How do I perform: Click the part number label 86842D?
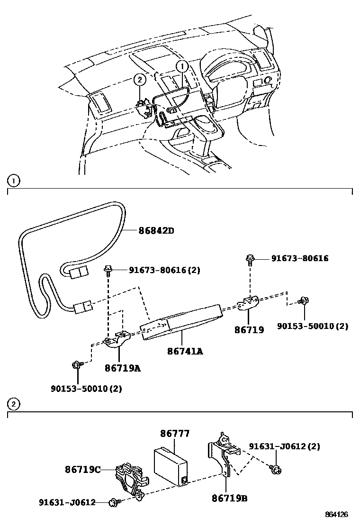[156, 231]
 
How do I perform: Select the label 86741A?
[184, 351]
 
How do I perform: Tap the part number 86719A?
[123, 368]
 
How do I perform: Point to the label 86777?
[174, 433]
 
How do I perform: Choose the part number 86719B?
[230, 498]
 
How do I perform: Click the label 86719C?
[83, 469]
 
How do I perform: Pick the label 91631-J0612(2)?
[284, 446]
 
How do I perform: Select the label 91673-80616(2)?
[164, 270]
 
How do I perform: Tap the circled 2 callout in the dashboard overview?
[139, 80]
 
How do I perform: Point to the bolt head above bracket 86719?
[249, 258]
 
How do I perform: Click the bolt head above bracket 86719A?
[108, 269]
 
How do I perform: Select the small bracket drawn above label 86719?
[248, 303]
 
